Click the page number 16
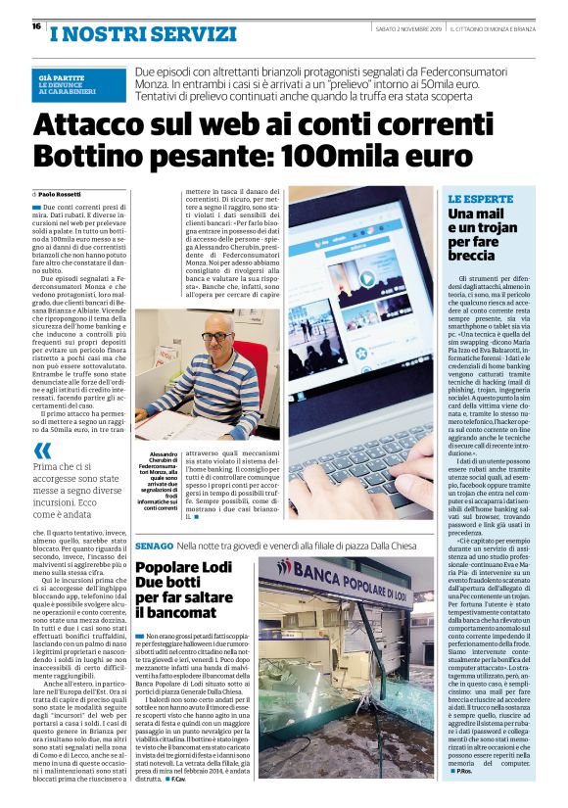click(35, 25)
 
